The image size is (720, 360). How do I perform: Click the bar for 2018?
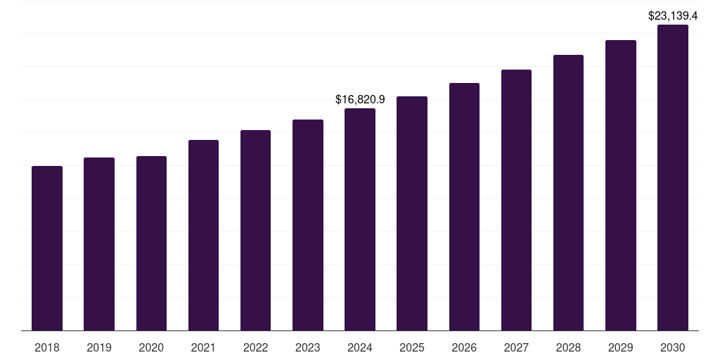coord(47,248)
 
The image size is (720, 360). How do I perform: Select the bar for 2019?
coord(99,244)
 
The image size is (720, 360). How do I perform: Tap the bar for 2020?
coord(151,243)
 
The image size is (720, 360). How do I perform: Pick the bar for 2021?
coord(203,236)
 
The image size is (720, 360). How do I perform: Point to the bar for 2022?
coord(255,231)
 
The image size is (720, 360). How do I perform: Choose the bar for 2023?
coord(308,225)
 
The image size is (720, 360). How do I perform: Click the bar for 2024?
coord(360,219)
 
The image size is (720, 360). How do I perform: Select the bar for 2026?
coord(464,207)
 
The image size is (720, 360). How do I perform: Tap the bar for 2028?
coord(568,193)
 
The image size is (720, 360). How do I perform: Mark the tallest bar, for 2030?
coord(673,178)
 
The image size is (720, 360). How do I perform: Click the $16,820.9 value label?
coord(360,100)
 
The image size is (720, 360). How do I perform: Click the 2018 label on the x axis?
coord(47,347)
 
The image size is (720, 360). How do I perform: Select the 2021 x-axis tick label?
coord(203,347)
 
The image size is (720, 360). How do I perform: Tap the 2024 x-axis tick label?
coord(360,347)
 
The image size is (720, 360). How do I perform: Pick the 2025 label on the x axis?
coord(412,347)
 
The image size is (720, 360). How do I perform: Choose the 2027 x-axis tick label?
coord(516,347)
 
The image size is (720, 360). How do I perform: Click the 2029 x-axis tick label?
coord(621,347)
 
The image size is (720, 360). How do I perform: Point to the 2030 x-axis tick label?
coord(673,347)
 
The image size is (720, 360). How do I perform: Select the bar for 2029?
coord(621,186)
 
